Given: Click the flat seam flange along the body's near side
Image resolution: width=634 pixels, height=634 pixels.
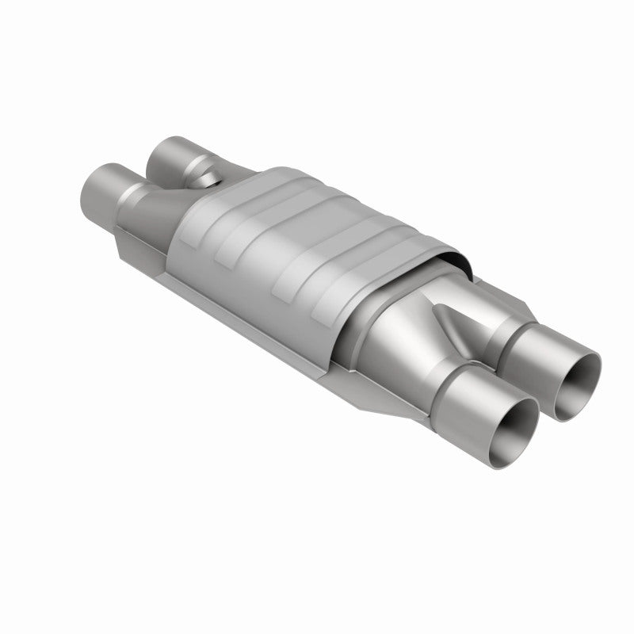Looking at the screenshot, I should [x=254, y=333].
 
